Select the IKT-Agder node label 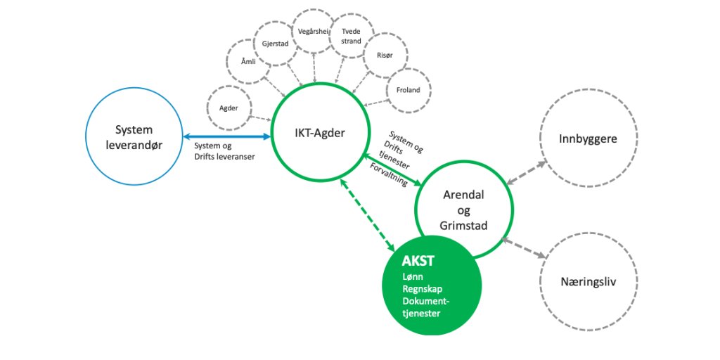[320, 133]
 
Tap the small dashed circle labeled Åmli [247, 63]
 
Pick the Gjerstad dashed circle [276, 44]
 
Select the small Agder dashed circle [229, 109]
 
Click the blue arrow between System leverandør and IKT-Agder [227, 136]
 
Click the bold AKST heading [418, 261]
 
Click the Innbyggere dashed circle [588, 139]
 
